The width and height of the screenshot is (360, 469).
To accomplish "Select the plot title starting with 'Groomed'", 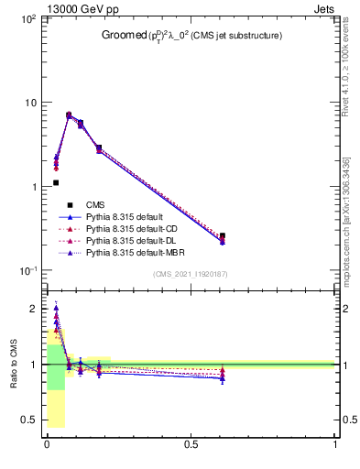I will pos(191,36).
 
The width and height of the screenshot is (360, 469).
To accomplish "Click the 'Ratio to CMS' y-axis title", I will pos(14,365).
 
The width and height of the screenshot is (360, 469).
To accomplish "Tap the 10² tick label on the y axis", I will pos(27,18).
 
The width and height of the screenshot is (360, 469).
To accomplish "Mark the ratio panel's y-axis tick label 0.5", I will pos(30,420).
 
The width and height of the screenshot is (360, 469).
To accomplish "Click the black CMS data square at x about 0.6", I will pos(223,235).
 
